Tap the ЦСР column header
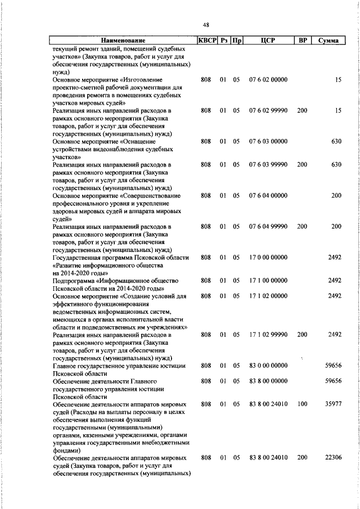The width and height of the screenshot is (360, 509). [267, 40]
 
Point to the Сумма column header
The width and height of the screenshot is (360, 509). [327, 40]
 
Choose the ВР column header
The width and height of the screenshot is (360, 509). [302, 40]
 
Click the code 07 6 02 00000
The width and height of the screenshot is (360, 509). [268, 80]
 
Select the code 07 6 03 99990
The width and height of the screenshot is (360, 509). [268, 164]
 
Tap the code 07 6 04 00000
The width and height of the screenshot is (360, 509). [268, 195]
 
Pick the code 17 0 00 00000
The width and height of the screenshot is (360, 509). [268, 257]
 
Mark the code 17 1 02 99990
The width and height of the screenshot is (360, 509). [268, 335]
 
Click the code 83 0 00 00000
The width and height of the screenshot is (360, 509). [268, 366]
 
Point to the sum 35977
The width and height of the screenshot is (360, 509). [333, 404]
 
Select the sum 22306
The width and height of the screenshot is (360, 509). [333, 458]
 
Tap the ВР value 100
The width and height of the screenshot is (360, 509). [302, 404]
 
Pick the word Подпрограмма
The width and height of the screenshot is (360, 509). [74, 280]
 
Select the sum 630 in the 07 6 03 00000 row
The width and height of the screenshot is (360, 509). [336, 141]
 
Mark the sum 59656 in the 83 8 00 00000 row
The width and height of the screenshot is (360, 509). [333, 381]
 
